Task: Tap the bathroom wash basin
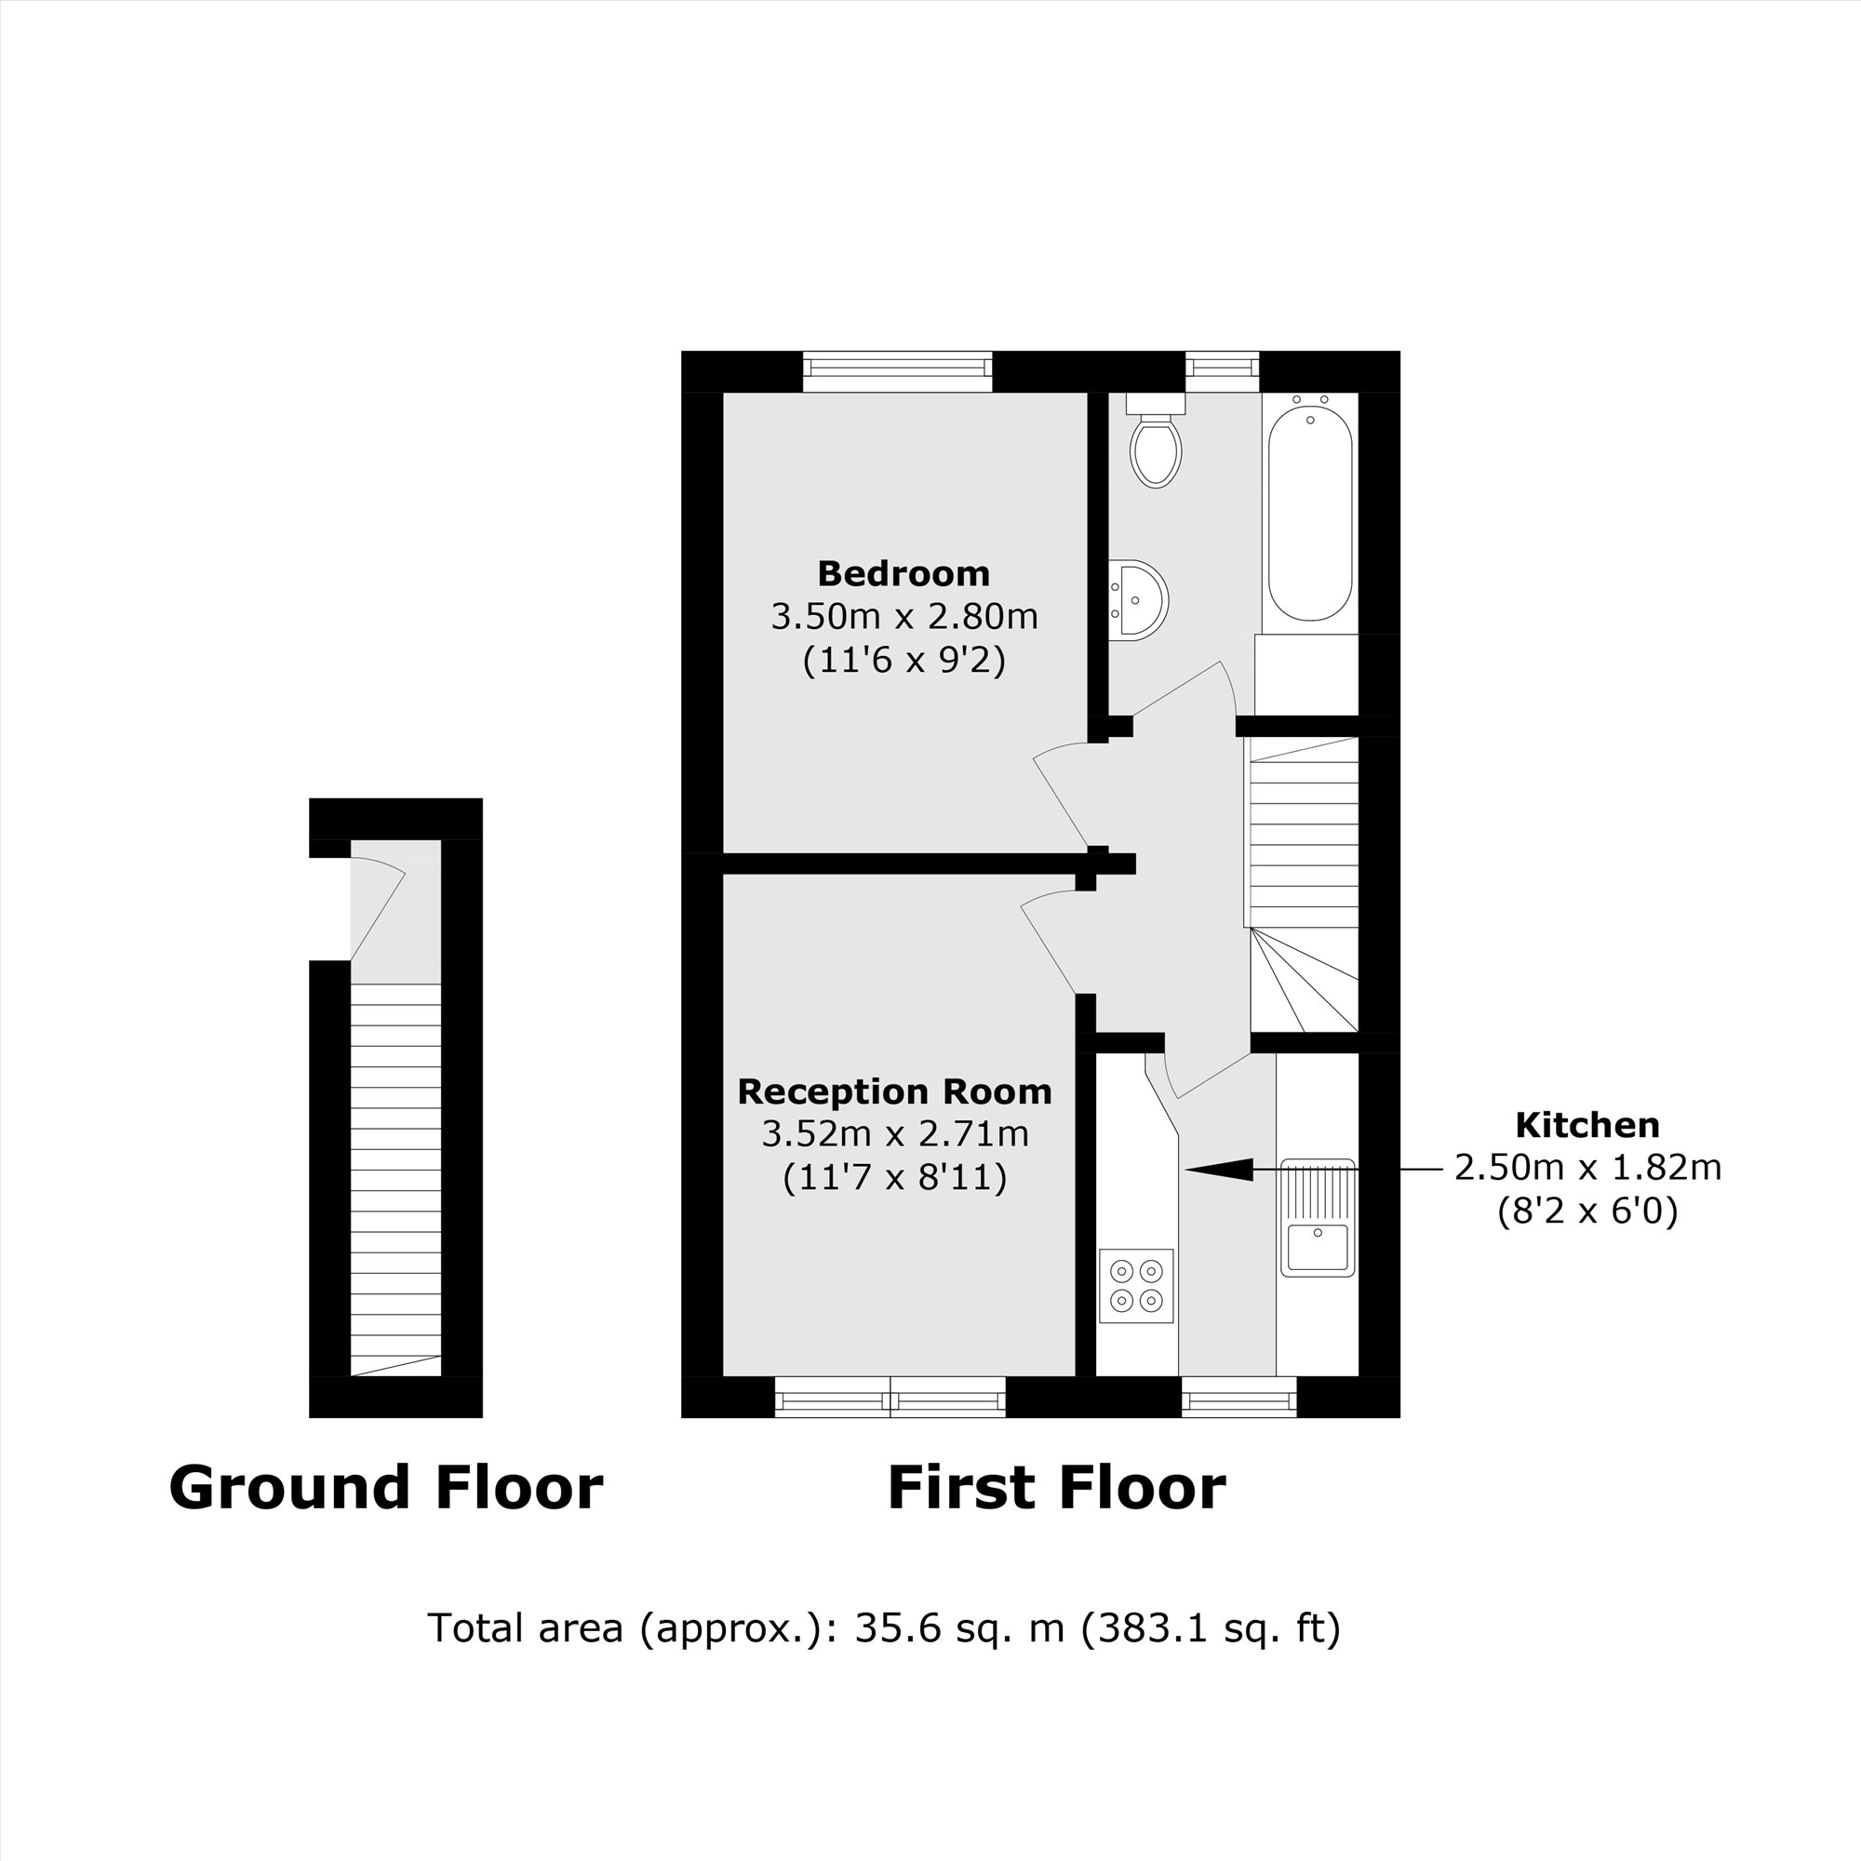[x=1141, y=599]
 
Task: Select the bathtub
[x=1310, y=511]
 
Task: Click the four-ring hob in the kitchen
[x=1137, y=1287]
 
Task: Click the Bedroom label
[x=904, y=574]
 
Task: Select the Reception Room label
[x=894, y=1091]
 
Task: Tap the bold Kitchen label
[x=1587, y=1125]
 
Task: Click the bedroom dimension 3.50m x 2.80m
[x=904, y=617]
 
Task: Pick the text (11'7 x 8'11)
[x=894, y=1177]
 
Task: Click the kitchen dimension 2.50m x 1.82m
[x=1587, y=1168]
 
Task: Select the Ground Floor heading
[x=385, y=1487]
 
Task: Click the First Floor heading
[x=1056, y=1487]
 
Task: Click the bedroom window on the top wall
[x=897, y=371]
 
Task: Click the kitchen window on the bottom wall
[x=1238, y=1397]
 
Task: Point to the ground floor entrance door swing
[x=378, y=905]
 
